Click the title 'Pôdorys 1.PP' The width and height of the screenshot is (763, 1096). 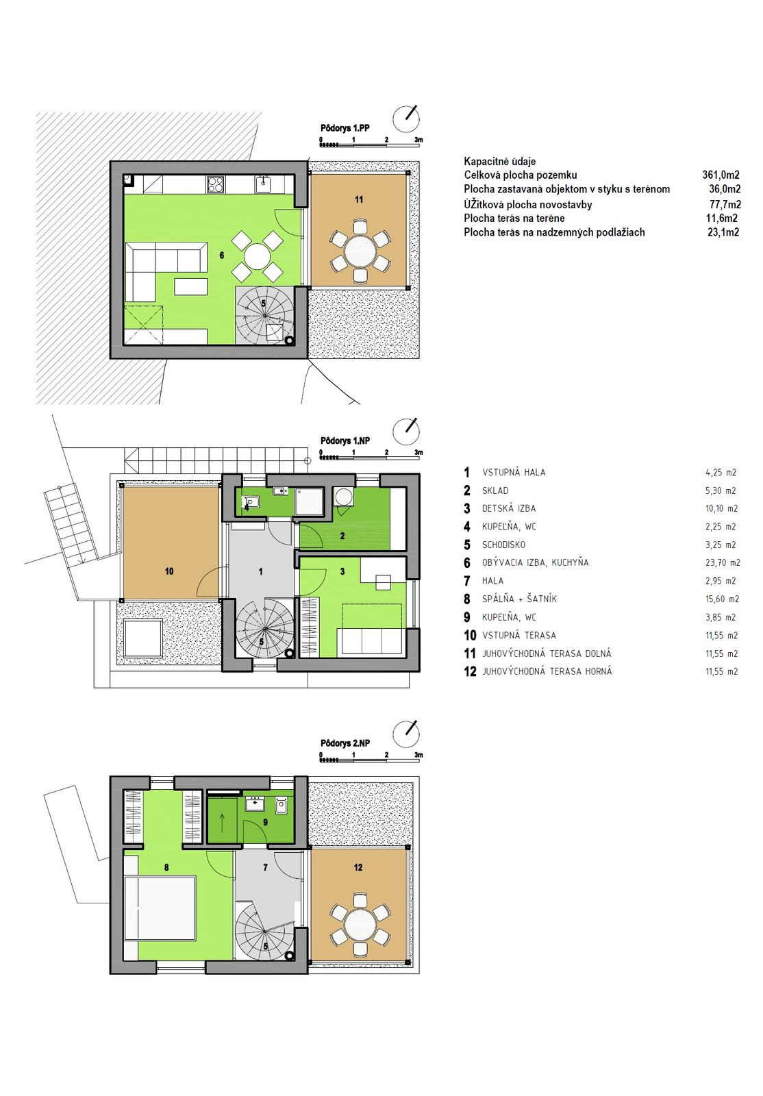pyautogui.click(x=345, y=128)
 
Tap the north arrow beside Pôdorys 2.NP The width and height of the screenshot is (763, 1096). pyautogui.click(x=406, y=733)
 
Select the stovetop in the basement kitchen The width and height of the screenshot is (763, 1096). pyautogui.click(x=216, y=184)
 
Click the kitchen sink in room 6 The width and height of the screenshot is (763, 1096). pyautogui.click(x=262, y=185)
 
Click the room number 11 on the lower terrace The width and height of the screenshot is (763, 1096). pyautogui.click(x=359, y=199)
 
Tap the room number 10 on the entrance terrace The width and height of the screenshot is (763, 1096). pyautogui.click(x=169, y=571)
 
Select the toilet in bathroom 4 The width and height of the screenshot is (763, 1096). pyautogui.click(x=251, y=502)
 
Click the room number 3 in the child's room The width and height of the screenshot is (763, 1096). pyautogui.click(x=342, y=571)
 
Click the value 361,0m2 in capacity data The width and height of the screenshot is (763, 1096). pyautogui.click(x=721, y=175)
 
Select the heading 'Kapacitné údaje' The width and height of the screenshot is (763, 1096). pyautogui.click(x=500, y=161)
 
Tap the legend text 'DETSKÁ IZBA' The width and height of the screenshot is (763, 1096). pyautogui.click(x=509, y=508)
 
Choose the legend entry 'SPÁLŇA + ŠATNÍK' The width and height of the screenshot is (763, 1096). pyautogui.click(x=519, y=599)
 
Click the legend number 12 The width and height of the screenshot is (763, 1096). pyautogui.click(x=470, y=671)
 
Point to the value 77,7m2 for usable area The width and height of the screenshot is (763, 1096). pyautogui.click(x=725, y=205)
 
